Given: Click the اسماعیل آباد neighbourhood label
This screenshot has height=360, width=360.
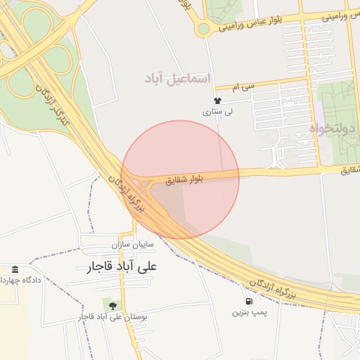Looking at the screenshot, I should click(x=178, y=78).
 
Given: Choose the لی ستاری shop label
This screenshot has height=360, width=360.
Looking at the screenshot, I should click(x=217, y=111).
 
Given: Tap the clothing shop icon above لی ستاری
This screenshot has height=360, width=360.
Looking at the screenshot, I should click(x=217, y=101).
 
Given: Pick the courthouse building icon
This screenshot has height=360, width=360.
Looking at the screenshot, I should click(x=15, y=270).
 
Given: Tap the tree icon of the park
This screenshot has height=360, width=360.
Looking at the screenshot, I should click(x=112, y=305).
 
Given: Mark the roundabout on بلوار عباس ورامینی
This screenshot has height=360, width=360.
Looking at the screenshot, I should click(x=204, y=29).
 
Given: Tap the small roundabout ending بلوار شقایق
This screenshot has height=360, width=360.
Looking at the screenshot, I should click(x=144, y=185).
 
